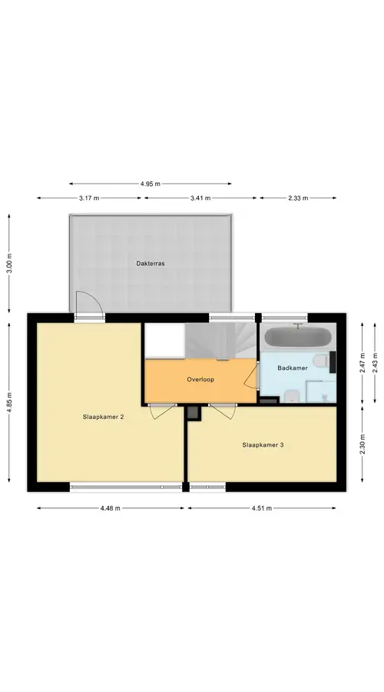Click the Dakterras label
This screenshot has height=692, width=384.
[151, 264]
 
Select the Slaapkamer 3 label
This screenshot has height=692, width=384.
[263, 445]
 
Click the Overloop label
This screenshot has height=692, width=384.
[200, 379]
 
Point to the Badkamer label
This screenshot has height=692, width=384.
[293, 368]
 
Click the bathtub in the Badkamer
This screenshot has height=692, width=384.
[298, 338]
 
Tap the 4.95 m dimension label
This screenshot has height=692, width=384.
[151, 184]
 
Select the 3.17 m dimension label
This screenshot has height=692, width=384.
[89, 198]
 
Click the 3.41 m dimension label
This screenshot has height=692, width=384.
[200, 198]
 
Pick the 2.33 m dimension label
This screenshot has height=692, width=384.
[298, 198]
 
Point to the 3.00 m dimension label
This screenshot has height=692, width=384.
[9, 264]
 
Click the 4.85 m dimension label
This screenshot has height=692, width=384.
[9, 402]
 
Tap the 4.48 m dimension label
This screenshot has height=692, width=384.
[111, 508]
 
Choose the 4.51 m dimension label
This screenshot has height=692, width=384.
[262, 508]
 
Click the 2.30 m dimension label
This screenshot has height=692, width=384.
[362, 444]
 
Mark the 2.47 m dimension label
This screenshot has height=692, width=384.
[362, 362]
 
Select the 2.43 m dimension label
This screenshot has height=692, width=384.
[376, 362]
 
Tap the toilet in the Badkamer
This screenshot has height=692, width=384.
[321, 361]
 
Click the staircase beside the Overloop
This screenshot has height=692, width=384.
[220, 341]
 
